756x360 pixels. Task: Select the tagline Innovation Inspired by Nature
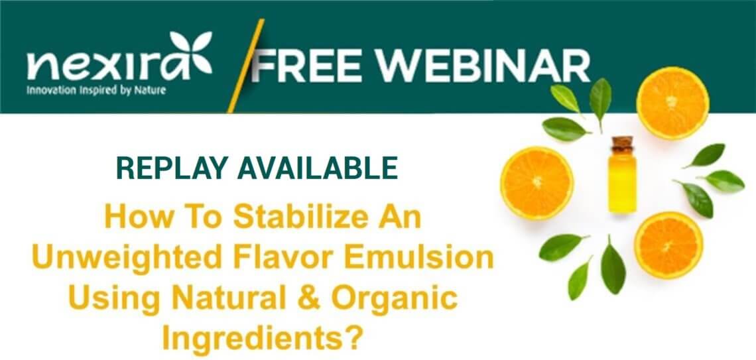96,90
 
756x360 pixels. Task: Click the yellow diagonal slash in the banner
246,66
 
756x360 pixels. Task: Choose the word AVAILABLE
317,168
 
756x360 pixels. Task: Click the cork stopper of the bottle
623,144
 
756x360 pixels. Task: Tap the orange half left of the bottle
537,183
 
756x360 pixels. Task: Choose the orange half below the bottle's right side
668,245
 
